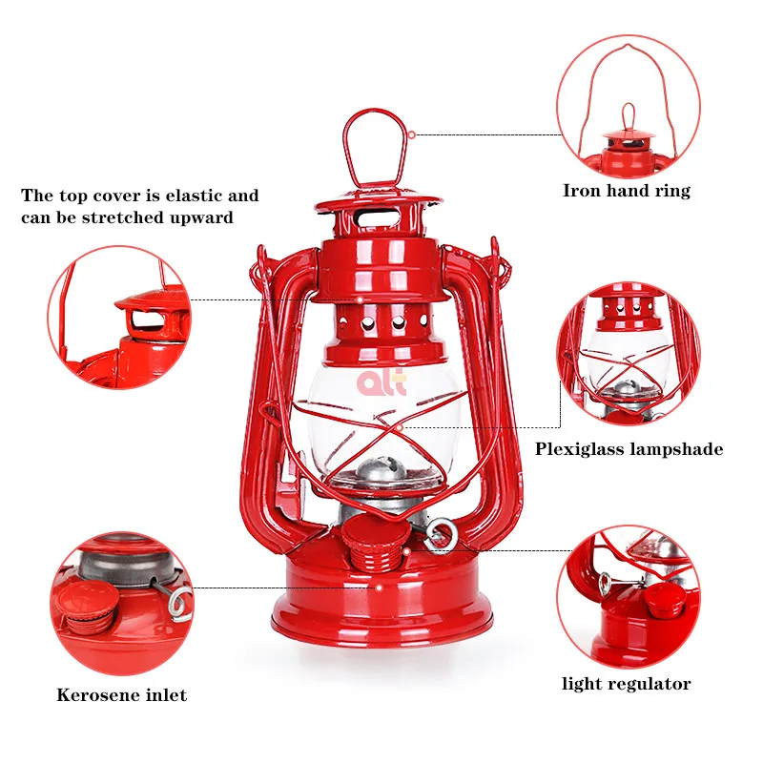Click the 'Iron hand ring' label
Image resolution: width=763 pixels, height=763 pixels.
(x=626, y=191)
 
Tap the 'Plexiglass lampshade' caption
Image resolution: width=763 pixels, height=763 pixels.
(x=629, y=448)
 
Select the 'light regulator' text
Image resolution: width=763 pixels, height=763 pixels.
(x=626, y=683)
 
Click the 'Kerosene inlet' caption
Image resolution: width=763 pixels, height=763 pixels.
(x=121, y=694)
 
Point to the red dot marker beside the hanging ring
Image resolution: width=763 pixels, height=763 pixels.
(x=412, y=134)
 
